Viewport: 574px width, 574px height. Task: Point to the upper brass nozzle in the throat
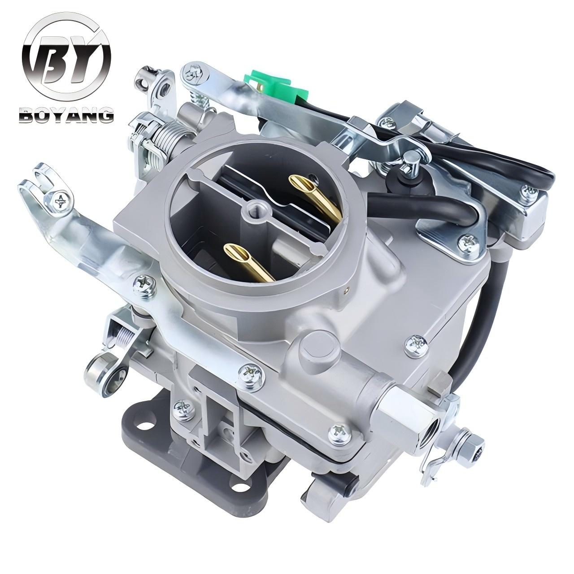316,198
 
